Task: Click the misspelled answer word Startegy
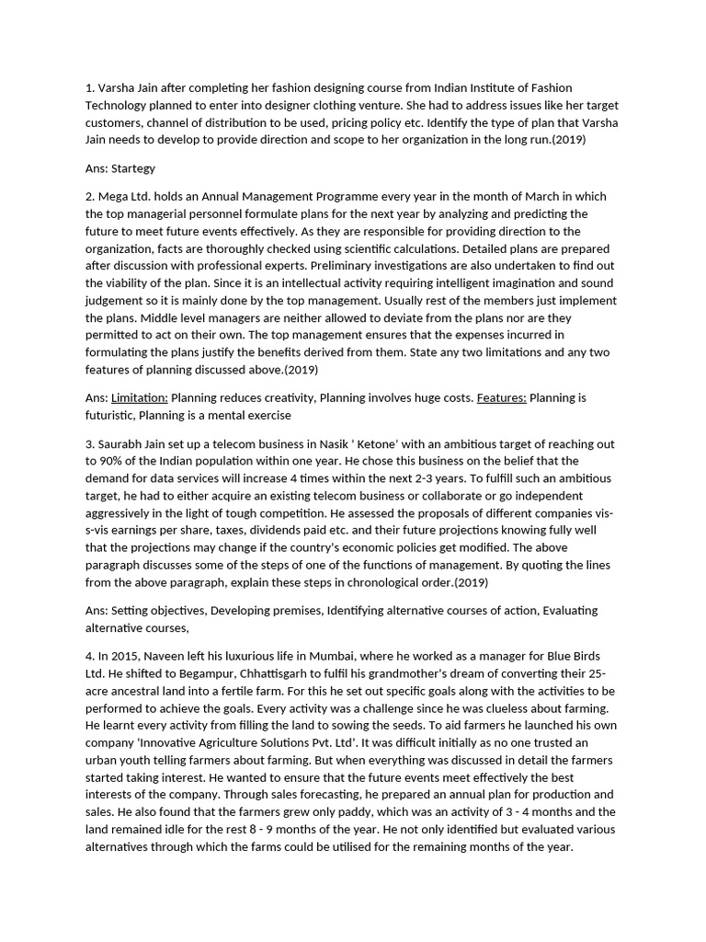click(133, 168)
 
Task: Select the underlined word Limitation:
click(140, 397)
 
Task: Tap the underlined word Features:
click(502, 397)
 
